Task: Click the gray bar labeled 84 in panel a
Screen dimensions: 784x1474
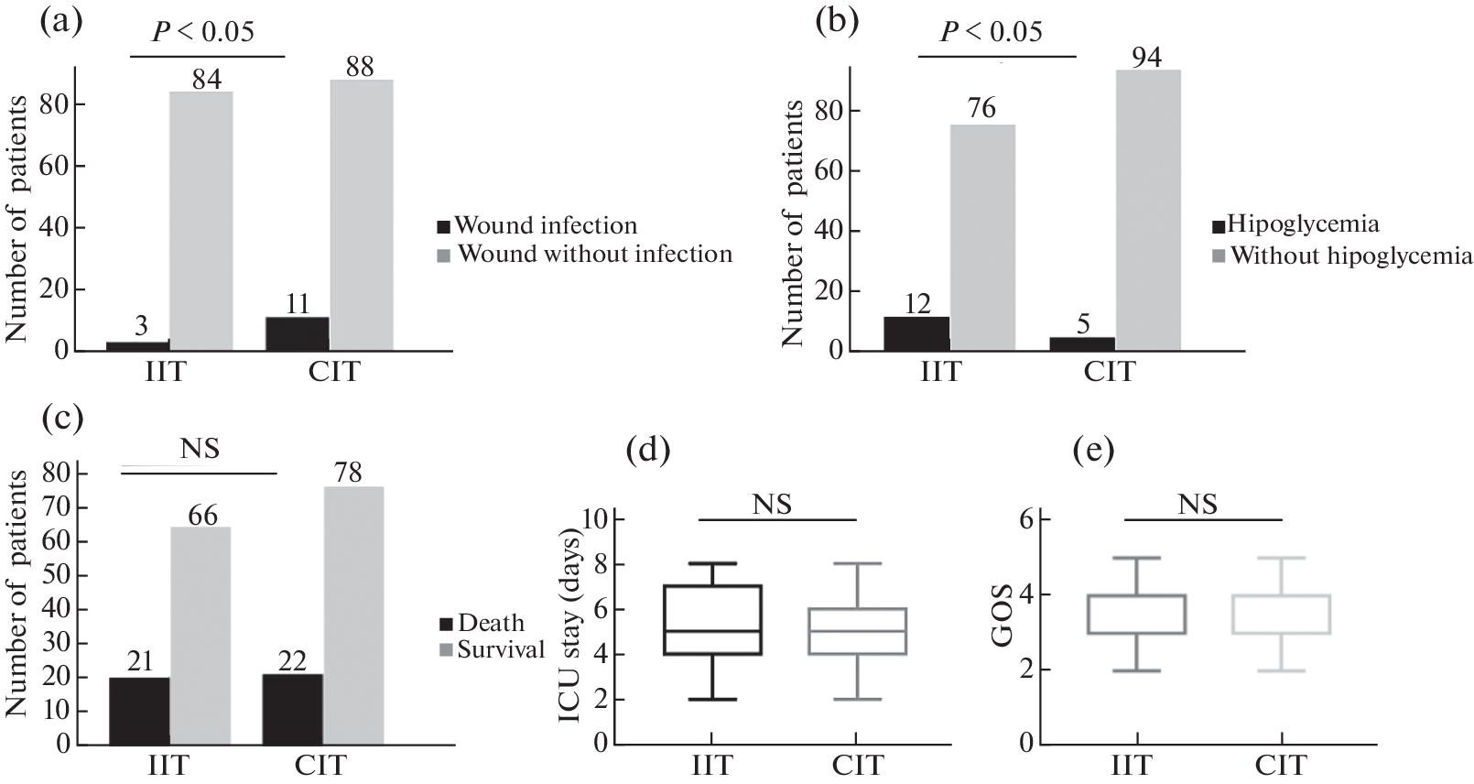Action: click(x=200, y=221)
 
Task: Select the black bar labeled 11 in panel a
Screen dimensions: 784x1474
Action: click(x=297, y=334)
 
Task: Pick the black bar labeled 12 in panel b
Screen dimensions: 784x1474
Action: click(x=916, y=334)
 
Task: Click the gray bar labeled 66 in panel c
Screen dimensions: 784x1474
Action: click(x=200, y=635)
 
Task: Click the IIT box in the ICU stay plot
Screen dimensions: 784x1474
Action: click(x=712, y=619)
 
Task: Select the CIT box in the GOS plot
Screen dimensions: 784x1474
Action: click(x=1280, y=615)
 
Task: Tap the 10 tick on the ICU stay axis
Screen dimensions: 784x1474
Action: click(x=593, y=518)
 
